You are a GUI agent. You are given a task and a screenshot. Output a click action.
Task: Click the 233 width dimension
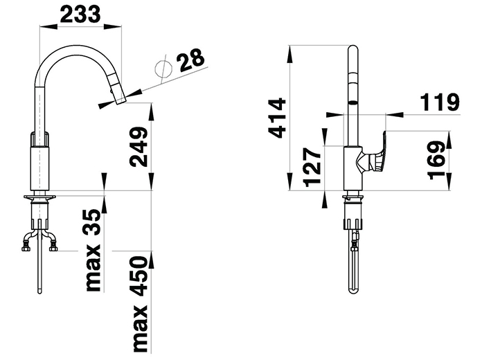[x=80, y=14]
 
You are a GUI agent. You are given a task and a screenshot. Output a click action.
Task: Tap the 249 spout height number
[x=139, y=147]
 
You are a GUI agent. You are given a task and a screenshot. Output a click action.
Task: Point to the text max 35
[x=93, y=251]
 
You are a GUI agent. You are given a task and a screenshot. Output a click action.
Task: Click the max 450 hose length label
[x=140, y=304]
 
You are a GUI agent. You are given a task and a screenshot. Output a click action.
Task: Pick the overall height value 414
[x=277, y=118]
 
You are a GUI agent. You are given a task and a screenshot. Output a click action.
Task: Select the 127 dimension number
[x=312, y=168]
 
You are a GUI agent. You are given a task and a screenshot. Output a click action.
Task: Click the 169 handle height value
[x=436, y=161]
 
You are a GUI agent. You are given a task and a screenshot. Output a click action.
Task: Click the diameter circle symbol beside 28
[x=163, y=69]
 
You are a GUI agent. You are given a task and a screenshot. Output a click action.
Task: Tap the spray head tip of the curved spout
[x=120, y=101]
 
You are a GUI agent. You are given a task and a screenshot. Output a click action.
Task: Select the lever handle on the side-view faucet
[x=372, y=154]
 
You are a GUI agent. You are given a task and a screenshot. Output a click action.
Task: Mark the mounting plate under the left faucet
[x=39, y=197]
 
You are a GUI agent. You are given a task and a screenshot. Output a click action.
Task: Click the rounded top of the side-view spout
[x=353, y=49]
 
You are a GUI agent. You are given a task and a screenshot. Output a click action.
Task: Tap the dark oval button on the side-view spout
[x=353, y=102]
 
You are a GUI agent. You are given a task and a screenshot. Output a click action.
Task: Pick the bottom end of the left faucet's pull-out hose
[x=39, y=291]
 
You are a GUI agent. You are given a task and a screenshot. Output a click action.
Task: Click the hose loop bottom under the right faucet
[x=353, y=291]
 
